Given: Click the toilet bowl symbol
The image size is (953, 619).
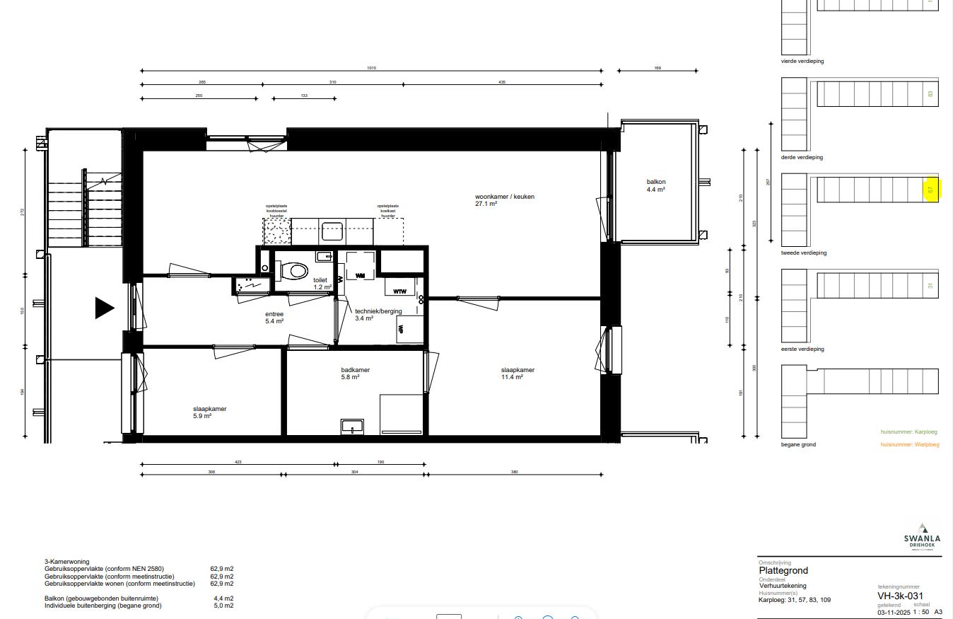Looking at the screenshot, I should pyautogui.click(x=296, y=270).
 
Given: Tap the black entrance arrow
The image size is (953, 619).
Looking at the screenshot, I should pyautogui.click(x=105, y=308).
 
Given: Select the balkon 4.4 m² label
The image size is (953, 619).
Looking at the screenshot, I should pyautogui.click(x=655, y=185).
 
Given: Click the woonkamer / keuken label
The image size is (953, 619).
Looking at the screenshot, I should pyautogui.click(x=504, y=199).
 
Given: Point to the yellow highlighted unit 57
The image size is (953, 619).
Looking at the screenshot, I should pyautogui.click(x=931, y=190).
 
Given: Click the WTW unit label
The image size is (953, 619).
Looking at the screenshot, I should pyautogui.click(x=399, y=291).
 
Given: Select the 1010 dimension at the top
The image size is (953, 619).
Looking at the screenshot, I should pyautogui.click(x=371, y=68).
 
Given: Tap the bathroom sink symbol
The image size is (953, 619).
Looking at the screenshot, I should pyautogui.click(x=351, y=425).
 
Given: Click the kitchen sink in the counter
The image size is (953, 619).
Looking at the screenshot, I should pyautogui.click(x=332, y=231).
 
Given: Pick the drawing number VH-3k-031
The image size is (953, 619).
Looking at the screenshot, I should pyautogui.click(x=900, y=596).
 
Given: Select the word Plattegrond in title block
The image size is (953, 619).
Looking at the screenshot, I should pyautogui.click(x=783, y=570).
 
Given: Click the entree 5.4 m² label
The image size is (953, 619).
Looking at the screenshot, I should pyautogui.click(x=274, y=318).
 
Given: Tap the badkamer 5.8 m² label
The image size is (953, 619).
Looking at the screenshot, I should pyautogui.click(x=355, y=374).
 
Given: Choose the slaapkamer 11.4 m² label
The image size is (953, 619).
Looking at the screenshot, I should pyautogui.click(x=518, y=374).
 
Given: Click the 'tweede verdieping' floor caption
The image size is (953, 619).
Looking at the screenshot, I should pyautogui.click(x=803, y=253).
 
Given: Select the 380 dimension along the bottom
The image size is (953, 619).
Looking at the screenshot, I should pyautogui.click(x=514, y=472).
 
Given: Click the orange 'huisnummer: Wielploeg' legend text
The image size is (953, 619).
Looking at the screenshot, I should pyautogui.click(x=909, y=444).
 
